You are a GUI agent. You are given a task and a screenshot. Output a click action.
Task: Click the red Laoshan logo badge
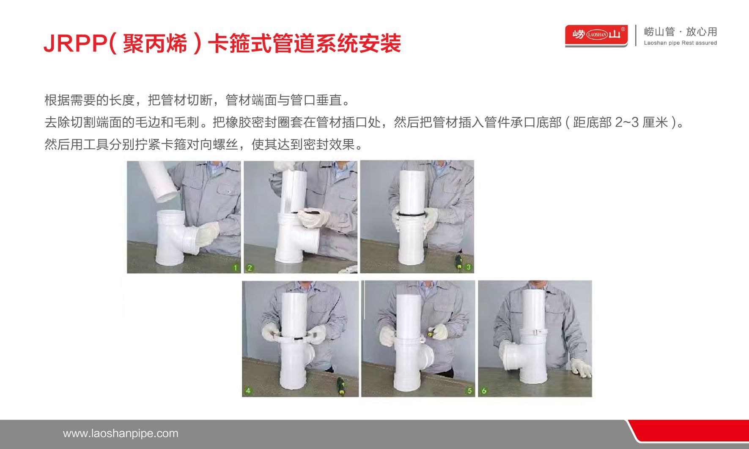click(596, 35)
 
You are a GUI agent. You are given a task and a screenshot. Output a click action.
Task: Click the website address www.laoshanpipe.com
click(121, 433)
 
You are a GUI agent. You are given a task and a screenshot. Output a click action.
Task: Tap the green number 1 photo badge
click(236, 267)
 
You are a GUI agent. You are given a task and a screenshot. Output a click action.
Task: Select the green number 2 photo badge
click(250, 267)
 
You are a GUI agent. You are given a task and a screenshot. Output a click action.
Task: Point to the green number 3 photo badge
click(468, 267)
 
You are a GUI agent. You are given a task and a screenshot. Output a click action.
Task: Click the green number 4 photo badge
click(248, 390)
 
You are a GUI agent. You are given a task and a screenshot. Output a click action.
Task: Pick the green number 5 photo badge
click(469, 391)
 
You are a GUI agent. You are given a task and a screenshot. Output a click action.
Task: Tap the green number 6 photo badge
click(484, 391)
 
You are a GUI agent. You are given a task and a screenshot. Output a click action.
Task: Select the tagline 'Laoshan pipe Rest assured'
click(680, 43)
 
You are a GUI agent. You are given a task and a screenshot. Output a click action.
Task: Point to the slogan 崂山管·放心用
click(680, 31)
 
